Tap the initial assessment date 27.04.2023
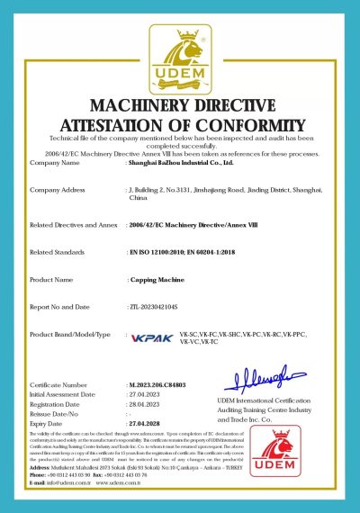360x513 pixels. [145, 393]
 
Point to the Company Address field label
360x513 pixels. [58, 190]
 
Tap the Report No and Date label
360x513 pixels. [64, 307]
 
